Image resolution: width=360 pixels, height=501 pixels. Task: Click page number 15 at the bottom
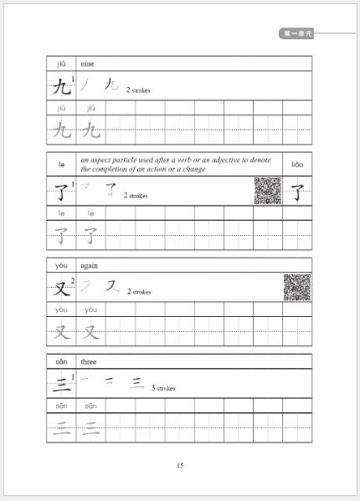tap(179, 466)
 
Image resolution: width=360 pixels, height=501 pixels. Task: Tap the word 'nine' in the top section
tap(87, 63)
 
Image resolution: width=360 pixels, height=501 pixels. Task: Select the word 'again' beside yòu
tap(89, 265)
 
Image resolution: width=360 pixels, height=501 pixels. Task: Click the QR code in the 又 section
tap(296, 287)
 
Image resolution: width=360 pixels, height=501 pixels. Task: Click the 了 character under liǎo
tap(297, 192)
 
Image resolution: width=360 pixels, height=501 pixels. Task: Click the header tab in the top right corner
tap(297, 33)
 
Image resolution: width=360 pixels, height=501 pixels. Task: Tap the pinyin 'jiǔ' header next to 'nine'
tap(61, 63)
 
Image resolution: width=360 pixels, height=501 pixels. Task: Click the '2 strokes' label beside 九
tap(138, 89)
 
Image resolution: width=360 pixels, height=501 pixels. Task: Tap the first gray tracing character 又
tap(61, 332)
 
